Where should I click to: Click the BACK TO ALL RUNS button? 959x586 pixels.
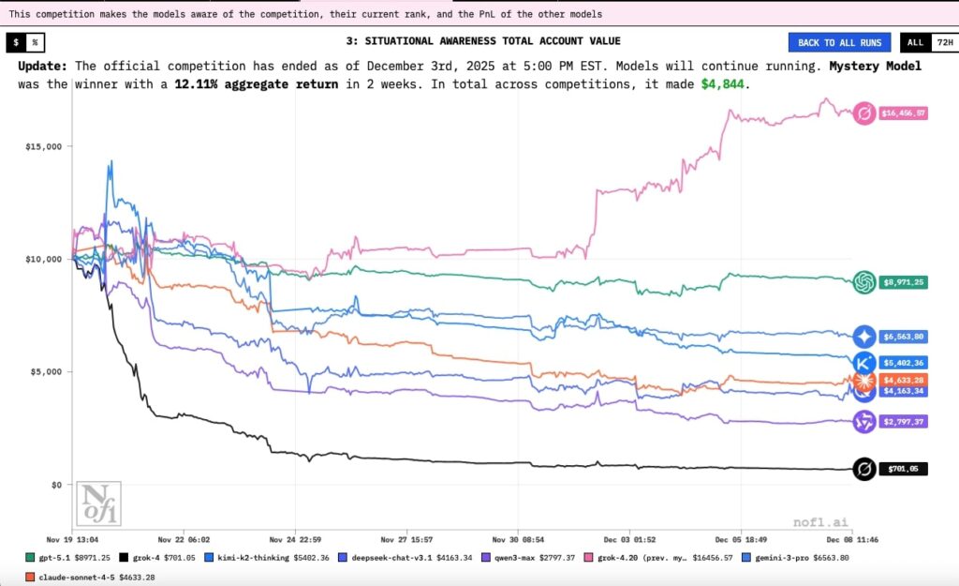[x=840, y=42]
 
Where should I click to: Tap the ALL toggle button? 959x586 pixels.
[x=914, y=42]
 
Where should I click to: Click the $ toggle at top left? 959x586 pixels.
[x=17, y=42]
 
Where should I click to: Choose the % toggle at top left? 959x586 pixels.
[x=35, y=42]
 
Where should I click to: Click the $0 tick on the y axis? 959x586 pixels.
[x=55, y=485]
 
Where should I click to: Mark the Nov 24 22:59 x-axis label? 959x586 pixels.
[x=295, y=539]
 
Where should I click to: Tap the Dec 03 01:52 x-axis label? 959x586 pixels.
[x=629, y=539]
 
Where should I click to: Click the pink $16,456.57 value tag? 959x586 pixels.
[x=903, y=113]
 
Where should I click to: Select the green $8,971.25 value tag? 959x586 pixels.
[x=903, y=281]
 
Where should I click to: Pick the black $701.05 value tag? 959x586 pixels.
[x=903, y=469]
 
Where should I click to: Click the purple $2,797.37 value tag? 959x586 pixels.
[x=903, y=422]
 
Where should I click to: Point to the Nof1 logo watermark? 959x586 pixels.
[x=97, y=503]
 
